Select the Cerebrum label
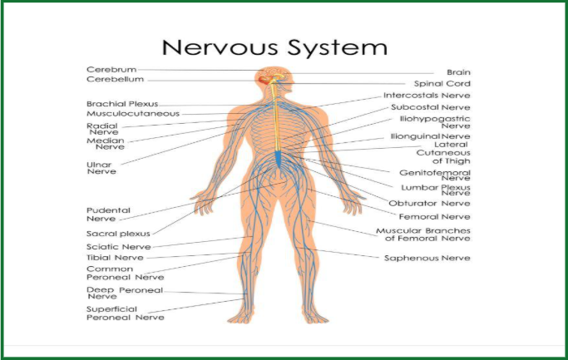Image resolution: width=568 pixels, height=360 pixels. (111, 69)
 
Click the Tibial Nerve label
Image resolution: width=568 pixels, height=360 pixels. (114, 258)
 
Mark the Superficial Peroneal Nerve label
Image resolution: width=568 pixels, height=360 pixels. (126, 313)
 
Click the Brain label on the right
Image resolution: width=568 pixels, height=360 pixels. (458, 73)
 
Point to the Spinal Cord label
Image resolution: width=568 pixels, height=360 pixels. (442, 84)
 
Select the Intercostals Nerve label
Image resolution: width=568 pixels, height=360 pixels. (433, 96)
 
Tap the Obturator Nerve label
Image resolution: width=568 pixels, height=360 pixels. (436, 203)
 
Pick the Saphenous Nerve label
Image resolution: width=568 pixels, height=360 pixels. (427, 258)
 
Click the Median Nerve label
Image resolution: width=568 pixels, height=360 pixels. (103, 145)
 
